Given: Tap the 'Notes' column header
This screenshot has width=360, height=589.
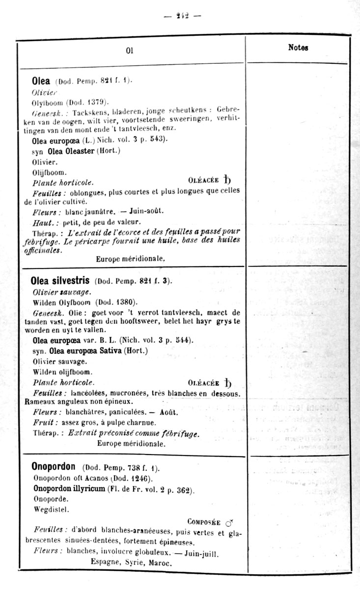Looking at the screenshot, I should click(x=298, y=48).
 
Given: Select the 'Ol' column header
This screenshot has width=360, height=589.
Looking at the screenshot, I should click(x=130, y=51).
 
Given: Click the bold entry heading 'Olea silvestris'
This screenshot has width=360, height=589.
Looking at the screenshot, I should click(x=60, y=281).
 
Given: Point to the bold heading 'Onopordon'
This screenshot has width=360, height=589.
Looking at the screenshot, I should click(x=53, y=467).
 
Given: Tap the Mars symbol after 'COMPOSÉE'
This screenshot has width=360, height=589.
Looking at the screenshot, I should click(x=229, y=523).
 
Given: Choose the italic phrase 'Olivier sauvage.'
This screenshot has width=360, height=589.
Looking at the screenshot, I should click(x=58, y=292).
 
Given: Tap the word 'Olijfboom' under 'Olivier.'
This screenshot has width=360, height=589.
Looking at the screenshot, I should click(x=50, y=172).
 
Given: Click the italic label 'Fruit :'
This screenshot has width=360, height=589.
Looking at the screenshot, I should click(x=46, y=422).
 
